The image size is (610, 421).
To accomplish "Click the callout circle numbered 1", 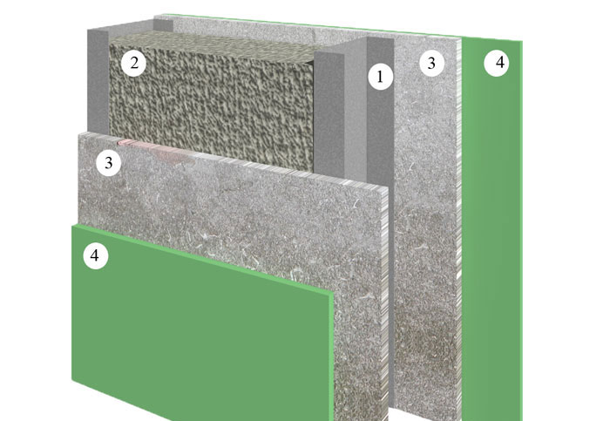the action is click(x=380, y=77).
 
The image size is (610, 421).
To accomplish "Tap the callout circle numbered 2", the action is click(x=133, y=63).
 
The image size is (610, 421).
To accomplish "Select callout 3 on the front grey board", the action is click(x=109, y=163).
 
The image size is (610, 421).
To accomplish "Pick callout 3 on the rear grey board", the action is click(x=431, y=63).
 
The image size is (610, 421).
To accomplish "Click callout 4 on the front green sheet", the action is click(x=95, y=256).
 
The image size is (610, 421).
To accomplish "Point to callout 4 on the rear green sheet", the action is click(x=497, y=62).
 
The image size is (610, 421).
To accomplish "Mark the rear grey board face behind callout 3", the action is click(x=427, y=234).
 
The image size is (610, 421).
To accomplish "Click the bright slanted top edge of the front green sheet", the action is click(x=202, y=259).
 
